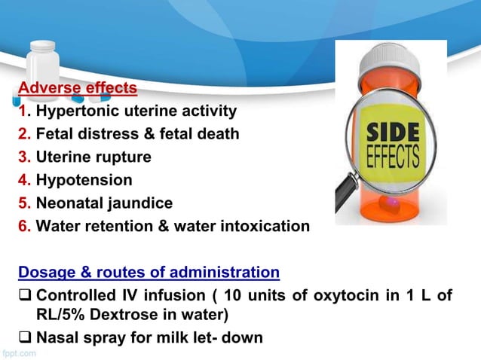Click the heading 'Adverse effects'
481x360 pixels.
point(78,88)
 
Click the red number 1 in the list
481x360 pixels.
point(22,111)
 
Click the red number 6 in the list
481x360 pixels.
point(23,225)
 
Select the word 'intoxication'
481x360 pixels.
point(264,225)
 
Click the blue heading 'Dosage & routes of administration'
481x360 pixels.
point(149,272)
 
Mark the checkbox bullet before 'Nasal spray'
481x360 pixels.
point(25,337)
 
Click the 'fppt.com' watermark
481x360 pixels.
point(17,352)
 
